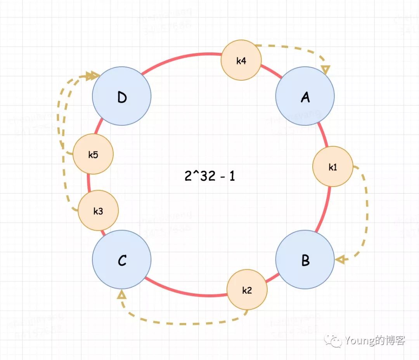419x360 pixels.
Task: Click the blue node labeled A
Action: (x=305, y=97)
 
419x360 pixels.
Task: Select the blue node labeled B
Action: (x=305, y=260)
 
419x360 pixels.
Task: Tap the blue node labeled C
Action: (x=122, y=260)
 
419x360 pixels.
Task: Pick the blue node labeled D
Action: (x=122, y=97)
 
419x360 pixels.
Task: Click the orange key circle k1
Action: (x=332, y=167)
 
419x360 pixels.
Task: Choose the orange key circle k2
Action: (x=247, y=290)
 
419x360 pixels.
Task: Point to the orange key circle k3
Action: (x=98, y=211)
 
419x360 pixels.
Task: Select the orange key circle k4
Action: (x=241, y=60)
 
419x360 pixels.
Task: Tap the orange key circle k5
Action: (x=93, y=154)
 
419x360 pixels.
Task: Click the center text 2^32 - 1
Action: (x=209, y=176)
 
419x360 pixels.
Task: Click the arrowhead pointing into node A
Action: (x=326, y=70)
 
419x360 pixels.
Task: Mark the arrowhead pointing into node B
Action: (x=340, y=260)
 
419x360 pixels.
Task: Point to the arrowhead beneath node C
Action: (x=122, y=295)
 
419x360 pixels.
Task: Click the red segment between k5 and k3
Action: (x=89, y=182)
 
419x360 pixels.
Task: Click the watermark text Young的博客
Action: (x=374, y=341)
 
